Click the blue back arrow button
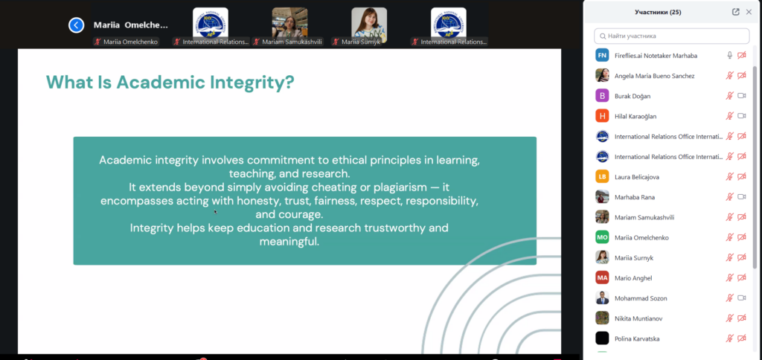coord(77,25)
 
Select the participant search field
coord(672,36)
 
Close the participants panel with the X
coord(749,12)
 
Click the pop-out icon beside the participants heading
coord(736,12)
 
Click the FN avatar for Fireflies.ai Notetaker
coord(602,55)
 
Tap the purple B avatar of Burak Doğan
coord(602,96)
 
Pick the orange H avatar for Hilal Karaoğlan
coord(602,116)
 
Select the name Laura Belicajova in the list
coord(637,177)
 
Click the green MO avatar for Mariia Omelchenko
coord(602,237)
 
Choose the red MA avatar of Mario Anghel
coord(602,278)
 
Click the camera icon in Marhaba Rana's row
coord(742,197)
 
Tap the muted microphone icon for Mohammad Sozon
coord(729,298)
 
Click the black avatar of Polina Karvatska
coord(602,338)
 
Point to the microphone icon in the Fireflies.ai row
coord(729,55)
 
